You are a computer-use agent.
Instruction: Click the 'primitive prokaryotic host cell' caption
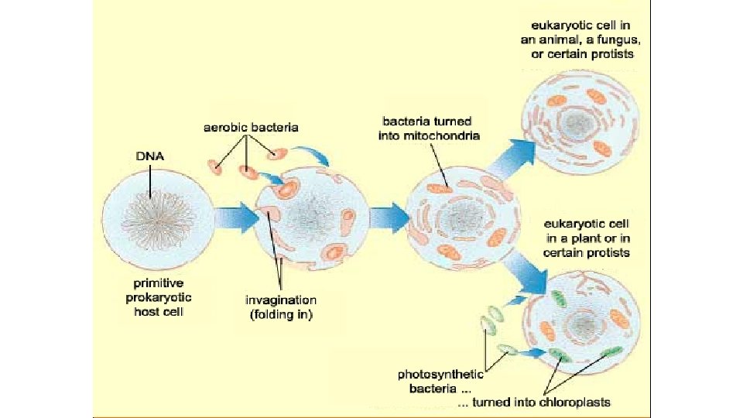[156, 297]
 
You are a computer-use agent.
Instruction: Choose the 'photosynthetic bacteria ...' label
[440, 380]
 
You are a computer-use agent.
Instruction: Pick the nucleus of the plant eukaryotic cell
[580, 323]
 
